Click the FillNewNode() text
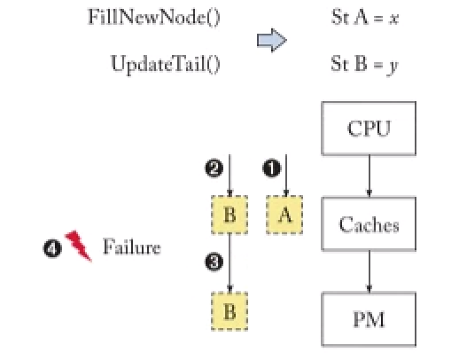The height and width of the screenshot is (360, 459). pos(154,17)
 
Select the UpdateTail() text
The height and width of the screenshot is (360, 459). pos(166,64)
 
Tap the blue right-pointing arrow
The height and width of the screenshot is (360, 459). pos(272,40)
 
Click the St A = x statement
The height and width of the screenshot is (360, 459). pos(365,17)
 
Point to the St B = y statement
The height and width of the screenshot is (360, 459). pos(365,65)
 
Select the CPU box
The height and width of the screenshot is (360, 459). pos(369,129)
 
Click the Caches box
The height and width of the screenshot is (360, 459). pos(369,223)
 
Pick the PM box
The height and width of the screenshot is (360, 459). pos(369,319)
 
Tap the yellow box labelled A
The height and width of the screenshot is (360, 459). pos(284,215)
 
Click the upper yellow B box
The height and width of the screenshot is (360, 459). pos(229,215)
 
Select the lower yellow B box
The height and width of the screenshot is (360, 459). pos(229,311)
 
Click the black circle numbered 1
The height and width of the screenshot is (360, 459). pos(272,168)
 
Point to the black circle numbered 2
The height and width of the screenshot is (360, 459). pos(214,168)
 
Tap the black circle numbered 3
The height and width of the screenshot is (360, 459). pos(214,262)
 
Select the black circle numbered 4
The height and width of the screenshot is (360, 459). pos(52,248)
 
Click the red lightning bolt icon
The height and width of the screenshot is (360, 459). pos(79,246)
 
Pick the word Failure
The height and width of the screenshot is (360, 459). pos(132,247)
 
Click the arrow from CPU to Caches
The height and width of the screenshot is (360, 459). pos(369,176)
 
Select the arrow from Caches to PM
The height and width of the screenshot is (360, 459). pos(369,271)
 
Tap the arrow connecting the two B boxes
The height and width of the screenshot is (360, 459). pos(229,262)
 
